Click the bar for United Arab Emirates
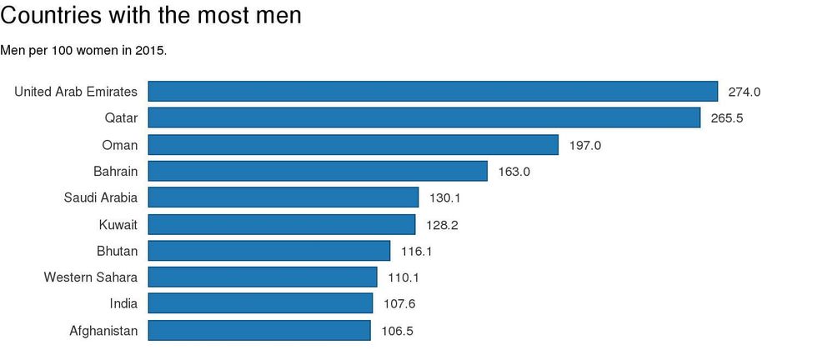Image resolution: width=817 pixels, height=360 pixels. pyautogui.click(x=433, y=92)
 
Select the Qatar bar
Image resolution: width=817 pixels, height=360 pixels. pyautogui.click(x=424, y=118)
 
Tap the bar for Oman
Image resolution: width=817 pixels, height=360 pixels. pyautogui.click(x=353, y=145)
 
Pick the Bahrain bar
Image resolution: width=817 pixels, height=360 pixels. pyautogui.click(x=318, y=172)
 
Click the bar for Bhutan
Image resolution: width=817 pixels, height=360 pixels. pyautogui.click(x=269, y=251)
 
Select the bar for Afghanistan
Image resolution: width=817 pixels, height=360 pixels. pyautogui.click(x=259, y=331)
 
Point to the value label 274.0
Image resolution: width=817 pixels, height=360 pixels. pyautogui.click(x=744, y=92)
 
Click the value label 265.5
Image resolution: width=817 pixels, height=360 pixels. pyautogui.click(x=727, y=118)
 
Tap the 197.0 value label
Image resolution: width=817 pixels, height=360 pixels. pyautogui.click(x=585, y=145)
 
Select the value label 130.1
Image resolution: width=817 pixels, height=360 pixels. pyautogui.click(x=445, y=198)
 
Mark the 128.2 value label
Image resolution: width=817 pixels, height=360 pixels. pyautogui.click(x=442, y=225)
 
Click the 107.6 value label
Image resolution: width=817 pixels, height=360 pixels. pyautogui.click(x=399, y=304)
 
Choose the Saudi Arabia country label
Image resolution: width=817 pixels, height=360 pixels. pyautogui.click(x=101, y=197)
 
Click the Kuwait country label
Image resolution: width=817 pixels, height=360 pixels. pyautogui.click(x=118, y=224)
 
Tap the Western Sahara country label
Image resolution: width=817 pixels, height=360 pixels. pyautogui.click(x=91, y=277)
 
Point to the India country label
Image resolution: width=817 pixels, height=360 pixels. pyautogui.click(x=123, y=304)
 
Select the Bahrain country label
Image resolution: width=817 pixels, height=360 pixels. pyautogui.click(x=116, y=171)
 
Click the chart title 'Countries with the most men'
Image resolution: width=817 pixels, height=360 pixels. pyautogui.click(x=151, y=15)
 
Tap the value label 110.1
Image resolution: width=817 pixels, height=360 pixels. pyautogui.click(x=404, y=277)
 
